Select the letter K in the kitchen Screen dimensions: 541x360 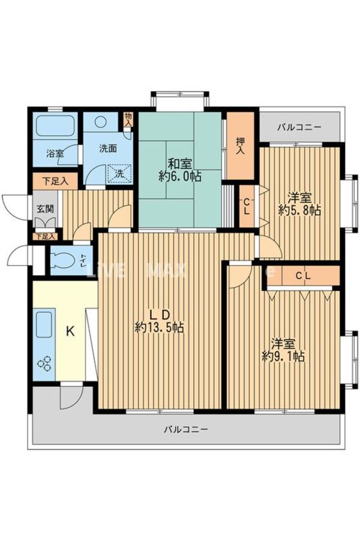click(x=70, y=331)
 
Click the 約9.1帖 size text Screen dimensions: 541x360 click(x=283, y=356)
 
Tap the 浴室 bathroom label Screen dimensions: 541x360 click(x=55, y=154)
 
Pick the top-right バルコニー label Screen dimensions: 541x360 click(x=299, y=128)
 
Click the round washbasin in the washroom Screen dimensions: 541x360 click(x=100, y=121)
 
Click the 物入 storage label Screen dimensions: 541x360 click(x=128, y=119)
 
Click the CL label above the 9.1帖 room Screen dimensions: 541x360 click(x=303, y=276)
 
